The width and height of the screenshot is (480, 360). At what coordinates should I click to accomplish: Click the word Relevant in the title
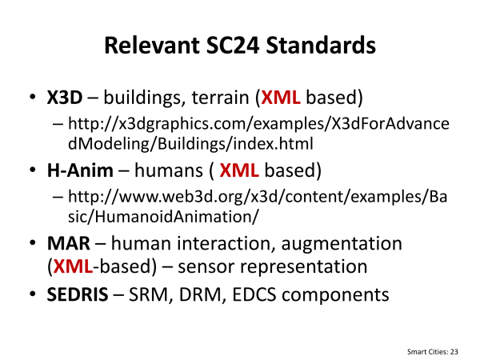point(152,46)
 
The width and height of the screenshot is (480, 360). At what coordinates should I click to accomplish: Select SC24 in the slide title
point(233,46)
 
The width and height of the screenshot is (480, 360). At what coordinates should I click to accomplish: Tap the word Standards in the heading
point(321,46)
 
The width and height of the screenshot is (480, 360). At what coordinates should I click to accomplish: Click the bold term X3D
point(65,98)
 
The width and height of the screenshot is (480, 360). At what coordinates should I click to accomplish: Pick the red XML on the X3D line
point(281,98)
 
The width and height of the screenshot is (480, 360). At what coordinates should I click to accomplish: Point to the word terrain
point(221,98)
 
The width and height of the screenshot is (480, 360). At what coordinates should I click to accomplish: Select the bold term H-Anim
point(80,170)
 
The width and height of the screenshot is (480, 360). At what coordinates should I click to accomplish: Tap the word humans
point(169,170)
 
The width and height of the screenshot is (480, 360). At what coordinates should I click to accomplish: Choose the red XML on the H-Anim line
point(239,170)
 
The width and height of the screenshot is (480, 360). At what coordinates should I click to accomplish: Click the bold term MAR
point(69,244)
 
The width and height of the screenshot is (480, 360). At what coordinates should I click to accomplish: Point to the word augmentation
point(342,245)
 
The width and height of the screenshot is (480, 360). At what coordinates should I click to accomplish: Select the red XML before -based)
point(73,266)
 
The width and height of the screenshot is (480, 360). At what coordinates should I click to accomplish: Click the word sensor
point(206,267)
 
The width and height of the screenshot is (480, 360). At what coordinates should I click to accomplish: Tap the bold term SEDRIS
point(78,294)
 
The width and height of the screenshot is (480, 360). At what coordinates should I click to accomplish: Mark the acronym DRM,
point(202,295)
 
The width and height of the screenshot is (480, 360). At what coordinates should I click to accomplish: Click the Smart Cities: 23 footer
point(433,352)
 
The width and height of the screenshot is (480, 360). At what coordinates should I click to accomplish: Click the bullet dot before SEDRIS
point(33,294)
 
